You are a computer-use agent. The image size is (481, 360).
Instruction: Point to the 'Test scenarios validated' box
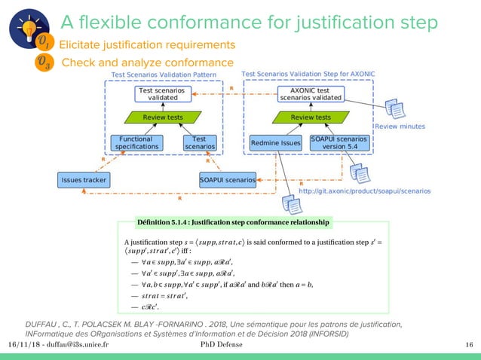(158, 94)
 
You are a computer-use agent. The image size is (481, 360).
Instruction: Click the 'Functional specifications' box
(135, 143)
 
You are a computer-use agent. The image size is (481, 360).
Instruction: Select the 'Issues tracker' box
(84, 180)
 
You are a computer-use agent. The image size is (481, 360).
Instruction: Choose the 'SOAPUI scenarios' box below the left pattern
(227, 180)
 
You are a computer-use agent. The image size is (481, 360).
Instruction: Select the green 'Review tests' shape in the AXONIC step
(310, 117)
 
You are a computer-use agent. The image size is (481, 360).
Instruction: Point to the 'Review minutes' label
(400, 127)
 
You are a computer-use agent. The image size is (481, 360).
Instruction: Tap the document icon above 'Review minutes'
(394, 109)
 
